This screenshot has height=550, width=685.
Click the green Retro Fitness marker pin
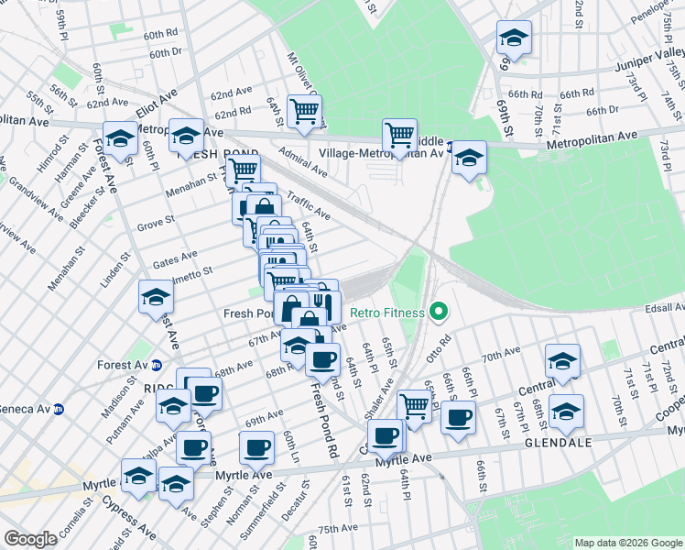click(439, 313)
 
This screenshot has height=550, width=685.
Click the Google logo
click(30, 539)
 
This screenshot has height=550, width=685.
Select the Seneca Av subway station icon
click(59, 408)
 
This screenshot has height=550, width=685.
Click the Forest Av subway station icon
click(157, 365)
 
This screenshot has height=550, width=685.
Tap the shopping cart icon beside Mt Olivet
click(304, 111)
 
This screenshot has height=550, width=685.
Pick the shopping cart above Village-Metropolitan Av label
click(399, 135)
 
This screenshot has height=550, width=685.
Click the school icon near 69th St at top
click(514, 38)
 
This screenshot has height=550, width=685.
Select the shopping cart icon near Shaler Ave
click(414, 403)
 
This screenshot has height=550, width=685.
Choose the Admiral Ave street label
click(302, 163)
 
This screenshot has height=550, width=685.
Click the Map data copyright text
click(626, 542)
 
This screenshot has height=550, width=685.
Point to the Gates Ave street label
click(175, 259)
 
